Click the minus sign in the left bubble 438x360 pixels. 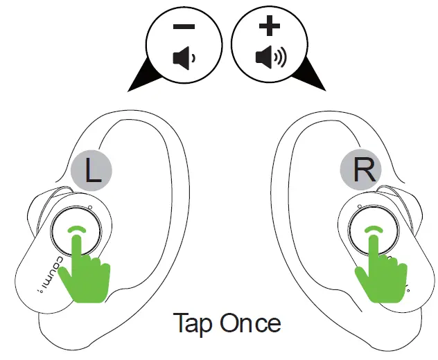[x=184, y=28]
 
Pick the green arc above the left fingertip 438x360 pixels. [x=78, y=229]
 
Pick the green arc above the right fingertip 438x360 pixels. [x=374, y=229]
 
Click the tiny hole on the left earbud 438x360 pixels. [x=90, y=208]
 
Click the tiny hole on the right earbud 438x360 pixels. [x=359, y=208]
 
